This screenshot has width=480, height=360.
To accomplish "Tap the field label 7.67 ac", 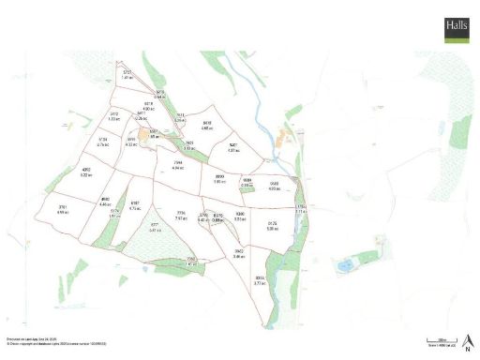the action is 181,216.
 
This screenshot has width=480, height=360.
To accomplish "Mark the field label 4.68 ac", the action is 207,125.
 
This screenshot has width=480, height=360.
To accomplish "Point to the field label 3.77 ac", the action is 261,280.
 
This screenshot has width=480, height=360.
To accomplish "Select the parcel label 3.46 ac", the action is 239,254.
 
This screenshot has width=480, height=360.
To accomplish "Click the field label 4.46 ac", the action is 105,202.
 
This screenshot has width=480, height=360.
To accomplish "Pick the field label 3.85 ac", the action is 220,179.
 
